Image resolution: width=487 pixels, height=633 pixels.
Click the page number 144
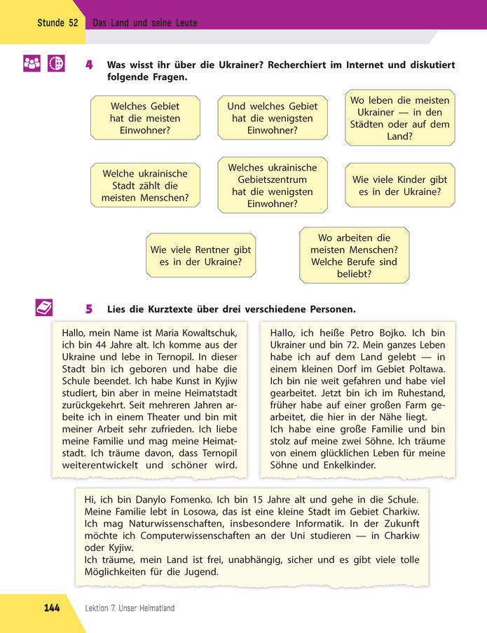tap(52, 608)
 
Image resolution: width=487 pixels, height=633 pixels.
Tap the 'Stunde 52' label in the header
tap(58, 23)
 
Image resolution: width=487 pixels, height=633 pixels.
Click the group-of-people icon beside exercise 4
tap(32, 63)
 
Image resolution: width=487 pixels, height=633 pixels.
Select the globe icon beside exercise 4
tap(56, 63)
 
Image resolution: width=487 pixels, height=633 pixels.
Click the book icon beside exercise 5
tap(44, 307)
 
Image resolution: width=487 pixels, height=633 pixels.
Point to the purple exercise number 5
tap(89, 308)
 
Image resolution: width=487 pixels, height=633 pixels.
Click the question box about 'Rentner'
tap(200, 255)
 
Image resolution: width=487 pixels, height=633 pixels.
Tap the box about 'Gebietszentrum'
tap(273, 185)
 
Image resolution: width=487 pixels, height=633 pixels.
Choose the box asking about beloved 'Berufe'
tap(354, 255)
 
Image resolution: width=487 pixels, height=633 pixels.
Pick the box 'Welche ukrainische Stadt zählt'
tap(145, 185)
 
